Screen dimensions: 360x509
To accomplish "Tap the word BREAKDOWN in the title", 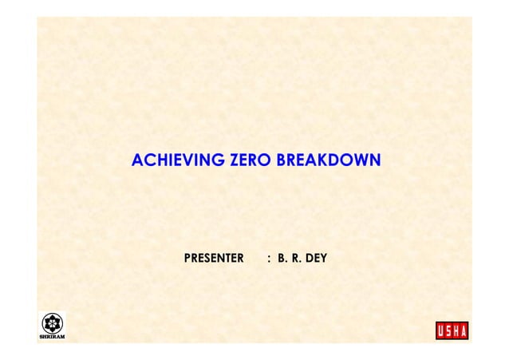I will [x=329, y=162].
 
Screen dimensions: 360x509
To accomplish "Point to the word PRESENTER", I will [x=214, y=259].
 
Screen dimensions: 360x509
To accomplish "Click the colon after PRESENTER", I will [x=269, y=259].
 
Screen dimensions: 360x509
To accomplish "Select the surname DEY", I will [x=315, y=259].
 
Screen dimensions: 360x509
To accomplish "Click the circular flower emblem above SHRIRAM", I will [x=53, y=322].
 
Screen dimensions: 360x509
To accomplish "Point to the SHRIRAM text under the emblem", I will [x=53, y=337].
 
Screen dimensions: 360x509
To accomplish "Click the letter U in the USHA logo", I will [x=441, y=330].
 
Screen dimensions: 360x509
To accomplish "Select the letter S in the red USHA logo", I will [x=449, y=330].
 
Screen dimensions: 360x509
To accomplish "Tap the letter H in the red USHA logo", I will [x=456, y=330].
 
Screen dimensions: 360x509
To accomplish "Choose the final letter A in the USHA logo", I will [x=464, y=330].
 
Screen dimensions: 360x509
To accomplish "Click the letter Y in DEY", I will [x=323, y=259].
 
